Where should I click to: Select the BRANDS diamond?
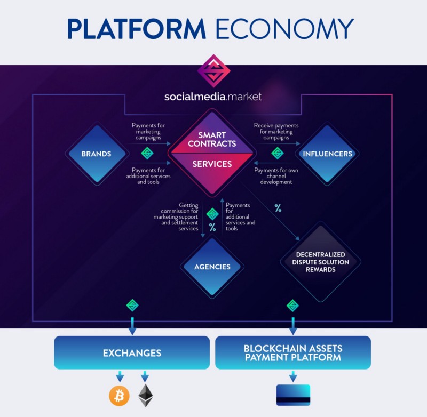pyautogui.click(x=97, y=154)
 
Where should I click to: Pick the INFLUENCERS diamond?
pyautogui.click(x=327, y=154)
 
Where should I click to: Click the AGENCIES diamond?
pyautogui.click(x=212, y=267)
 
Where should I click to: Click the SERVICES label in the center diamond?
pyautogui.click(x=212, y=164)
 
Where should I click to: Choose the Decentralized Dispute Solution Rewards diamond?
pyautogui.click(x=320, y=262)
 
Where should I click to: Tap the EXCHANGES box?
pyautogui.click(x=131, y=352)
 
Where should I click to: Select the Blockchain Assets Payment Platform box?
pyautogui.click(x=292, y=352)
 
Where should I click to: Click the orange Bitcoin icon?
pyautogui.click(x=119, y=396)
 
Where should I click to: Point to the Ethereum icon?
pyautogui.click(x=145, y=396)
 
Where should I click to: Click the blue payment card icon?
pyautogui.click(x=293, y=395)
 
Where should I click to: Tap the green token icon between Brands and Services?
pyautogui.click(x=147, y=154)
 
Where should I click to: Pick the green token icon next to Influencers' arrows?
pyautogui.click(x=277, y=154)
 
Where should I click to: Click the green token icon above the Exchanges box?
pyautogui.click(x=132, y=306)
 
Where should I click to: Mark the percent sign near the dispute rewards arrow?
pyautogui.click(x=278, y=207)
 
